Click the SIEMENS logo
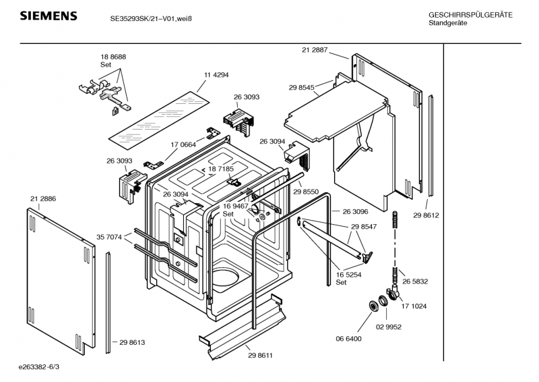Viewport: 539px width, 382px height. (47, 17)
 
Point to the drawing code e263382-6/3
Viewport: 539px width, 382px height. (39, 366)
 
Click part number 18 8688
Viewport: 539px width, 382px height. (113, 57)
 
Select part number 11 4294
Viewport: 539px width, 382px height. (216, 74)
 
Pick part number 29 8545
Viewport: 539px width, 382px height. (302, 88)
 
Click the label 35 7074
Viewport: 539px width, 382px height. (109, 237)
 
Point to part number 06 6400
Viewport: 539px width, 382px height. (349, 338)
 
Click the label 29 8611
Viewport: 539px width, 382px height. (259, 355)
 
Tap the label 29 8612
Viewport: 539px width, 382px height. (426, 215)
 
